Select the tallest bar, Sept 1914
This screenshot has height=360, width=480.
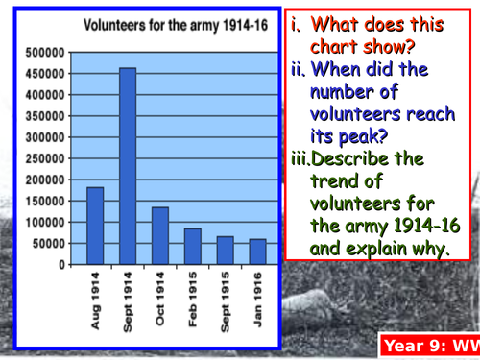(x=127, y=166)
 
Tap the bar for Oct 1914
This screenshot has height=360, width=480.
(x=158, y=235)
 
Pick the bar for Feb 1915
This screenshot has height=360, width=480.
(x=191, y=246)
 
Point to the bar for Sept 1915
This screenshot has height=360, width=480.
(x=224, y=250)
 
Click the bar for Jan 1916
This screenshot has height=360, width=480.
(x=256, y=252)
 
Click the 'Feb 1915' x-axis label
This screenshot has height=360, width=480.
(x=191, y=301)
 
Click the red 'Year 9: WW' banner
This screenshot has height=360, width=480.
(x=428, y=344)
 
